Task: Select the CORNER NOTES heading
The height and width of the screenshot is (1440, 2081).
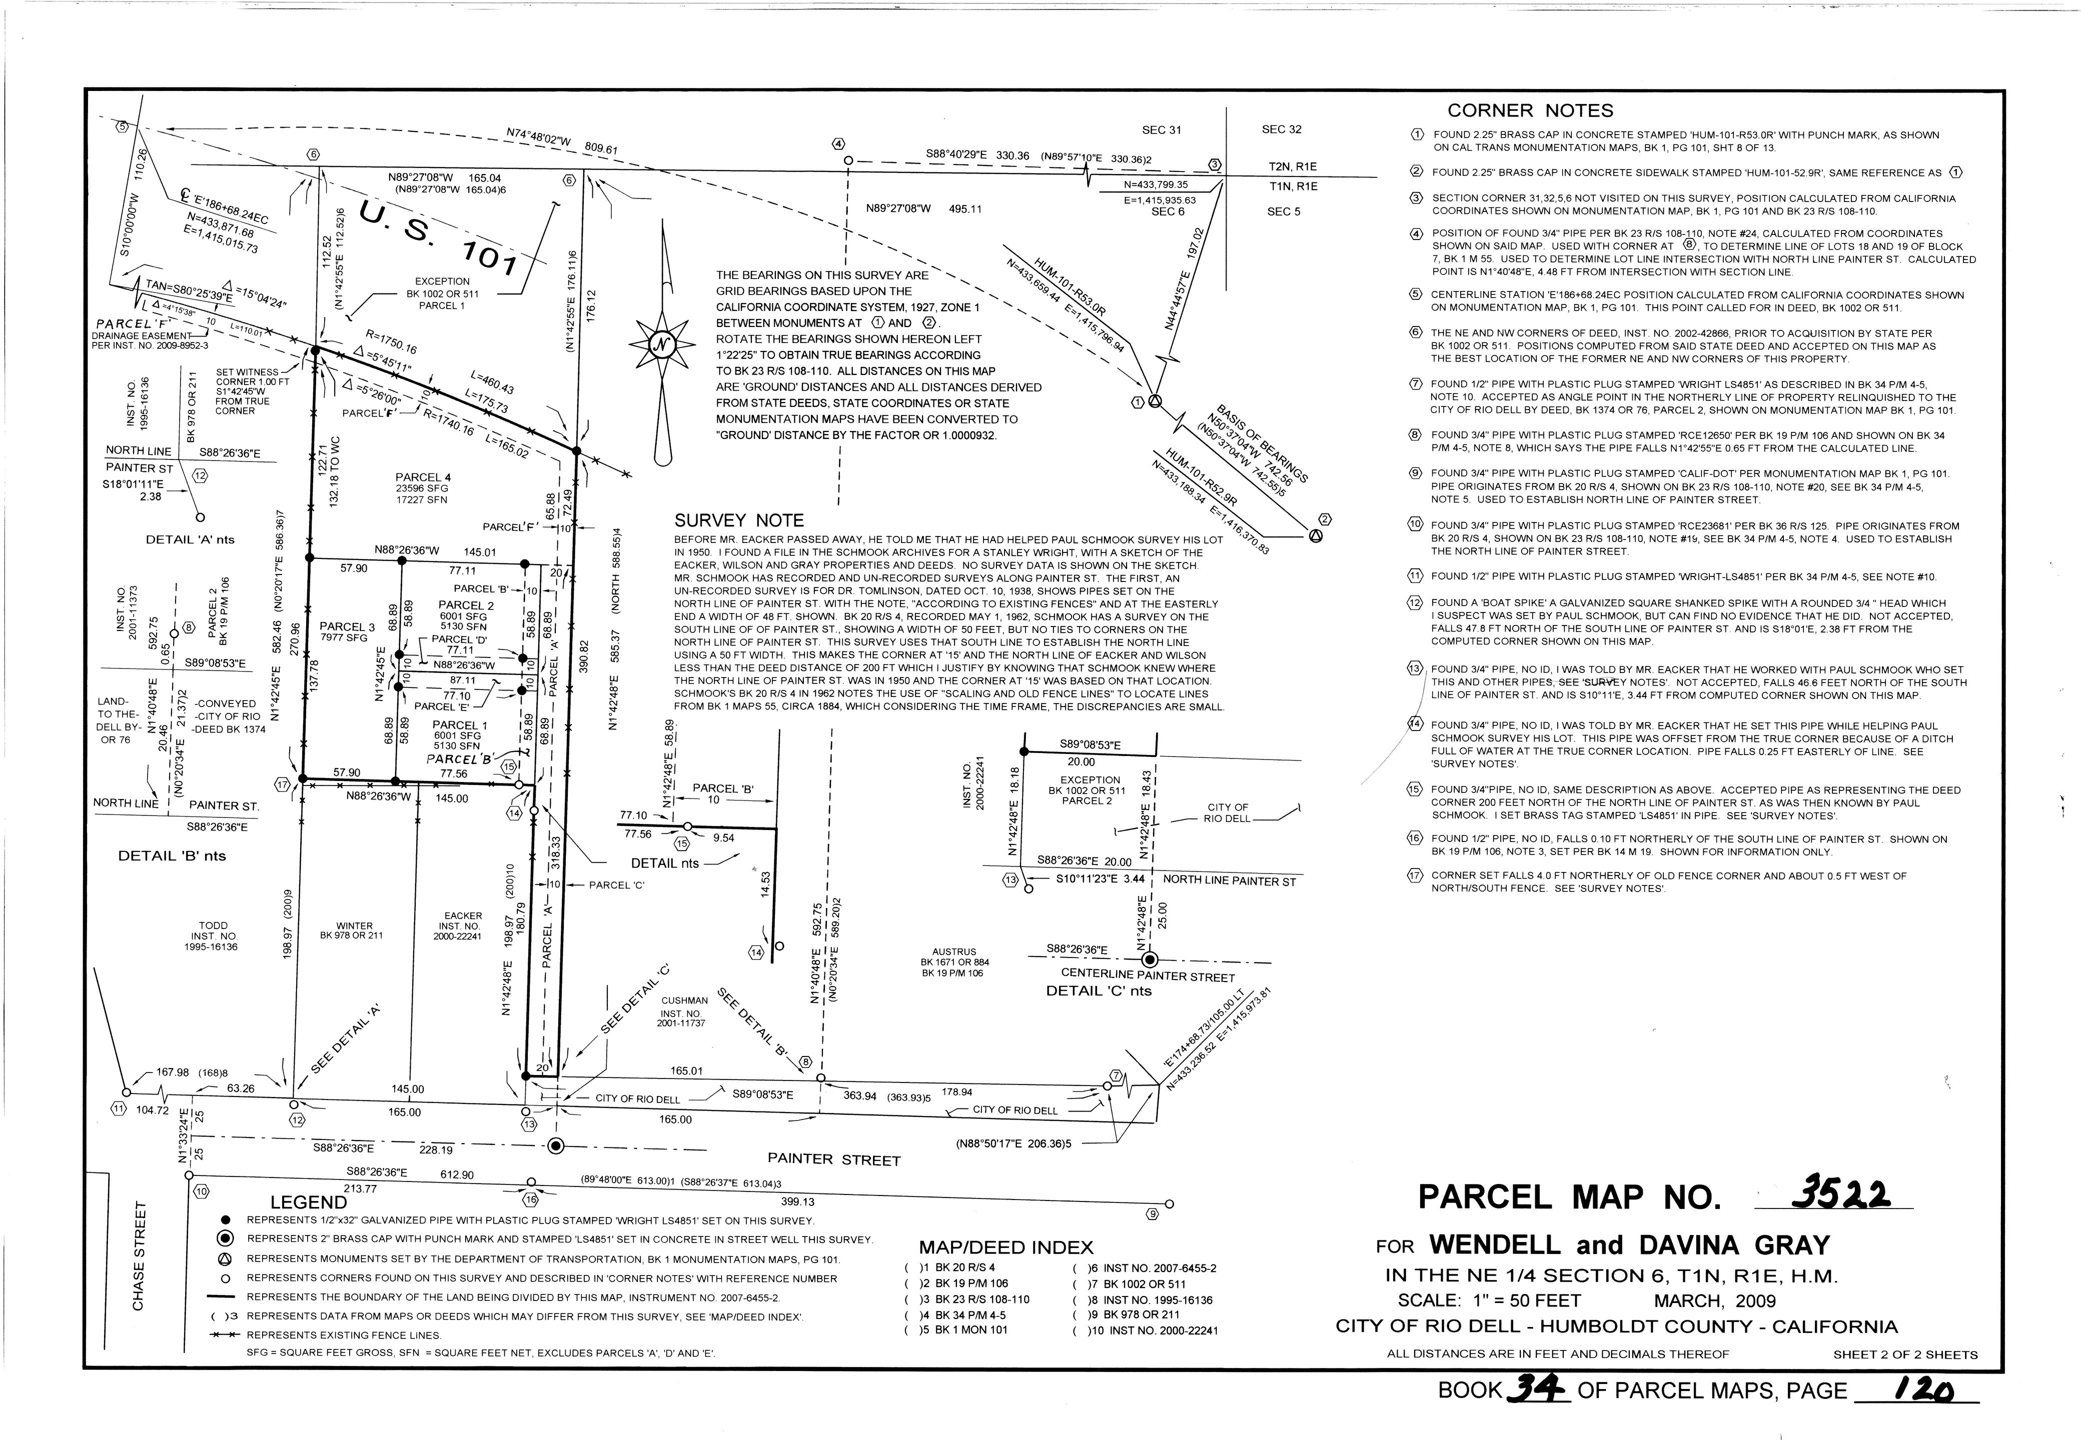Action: click(x=1530, y=111)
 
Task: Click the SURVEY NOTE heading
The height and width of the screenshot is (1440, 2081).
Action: click(x=738, y=520)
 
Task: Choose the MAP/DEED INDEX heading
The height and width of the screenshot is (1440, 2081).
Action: click(x=1005, y=1248)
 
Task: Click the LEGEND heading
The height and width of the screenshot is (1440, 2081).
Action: click(x=308, y=1202)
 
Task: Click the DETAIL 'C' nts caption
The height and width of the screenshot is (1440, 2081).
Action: click(x=1098, y=990)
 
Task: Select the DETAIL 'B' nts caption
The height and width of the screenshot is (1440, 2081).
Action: click(x=172, y=855)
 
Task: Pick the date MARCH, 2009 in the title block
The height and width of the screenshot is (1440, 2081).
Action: click(x=1714, y=1301)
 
